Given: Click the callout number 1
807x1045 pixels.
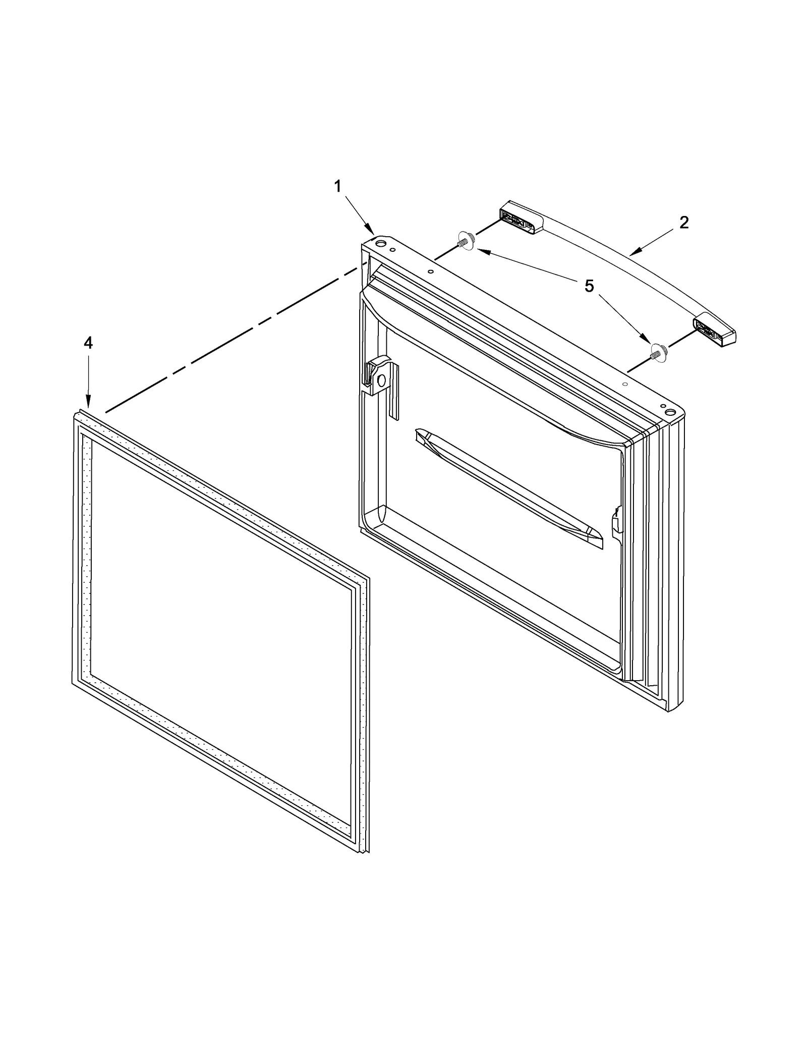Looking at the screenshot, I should (337, 187).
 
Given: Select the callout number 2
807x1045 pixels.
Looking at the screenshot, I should (683, 223).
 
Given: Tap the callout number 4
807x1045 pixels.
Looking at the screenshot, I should (88, 343).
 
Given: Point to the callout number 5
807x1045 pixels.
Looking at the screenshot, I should (589, 287).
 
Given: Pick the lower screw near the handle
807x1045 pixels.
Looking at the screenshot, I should (657, 352).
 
